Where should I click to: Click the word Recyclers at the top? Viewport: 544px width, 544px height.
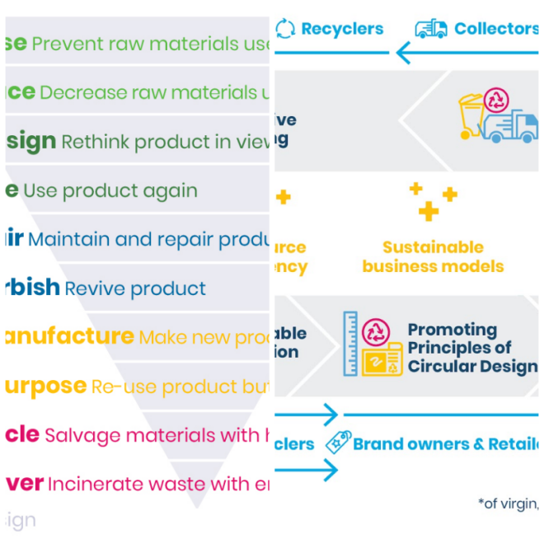coord(341,29)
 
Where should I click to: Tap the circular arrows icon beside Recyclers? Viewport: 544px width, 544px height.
coord(285,29)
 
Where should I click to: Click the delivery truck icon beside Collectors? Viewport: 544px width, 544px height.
coord(430,29)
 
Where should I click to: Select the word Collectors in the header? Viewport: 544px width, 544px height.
coord(496,29)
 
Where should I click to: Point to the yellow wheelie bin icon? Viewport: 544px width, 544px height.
coord(471,116)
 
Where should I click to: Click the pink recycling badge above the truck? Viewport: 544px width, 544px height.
coord(496,101)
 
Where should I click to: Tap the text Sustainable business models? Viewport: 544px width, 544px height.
coord(433,256)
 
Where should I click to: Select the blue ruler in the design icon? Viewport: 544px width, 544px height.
coord(350,343)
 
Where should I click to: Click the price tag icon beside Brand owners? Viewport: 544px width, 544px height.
coord(337,443)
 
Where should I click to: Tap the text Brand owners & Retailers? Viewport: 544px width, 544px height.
coord(445,444)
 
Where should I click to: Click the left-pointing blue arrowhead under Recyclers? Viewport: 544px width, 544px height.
coord(404,54)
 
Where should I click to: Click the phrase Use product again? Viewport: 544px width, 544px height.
coord(110,191)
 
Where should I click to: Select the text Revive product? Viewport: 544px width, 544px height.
coord(135,289)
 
